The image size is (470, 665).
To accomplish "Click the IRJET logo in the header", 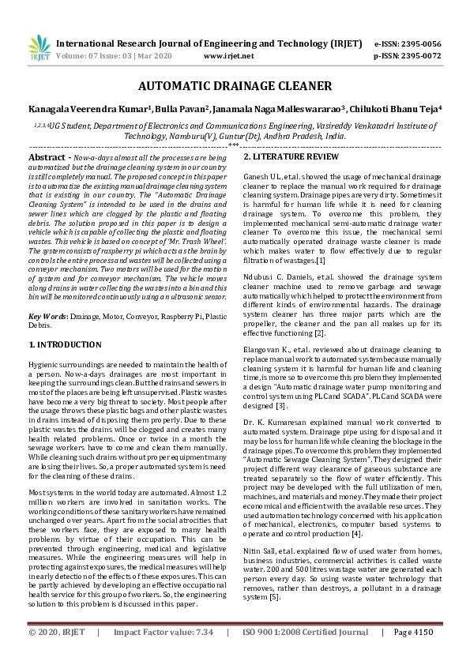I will point(39,49).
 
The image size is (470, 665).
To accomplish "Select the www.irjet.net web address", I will point(228,56).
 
